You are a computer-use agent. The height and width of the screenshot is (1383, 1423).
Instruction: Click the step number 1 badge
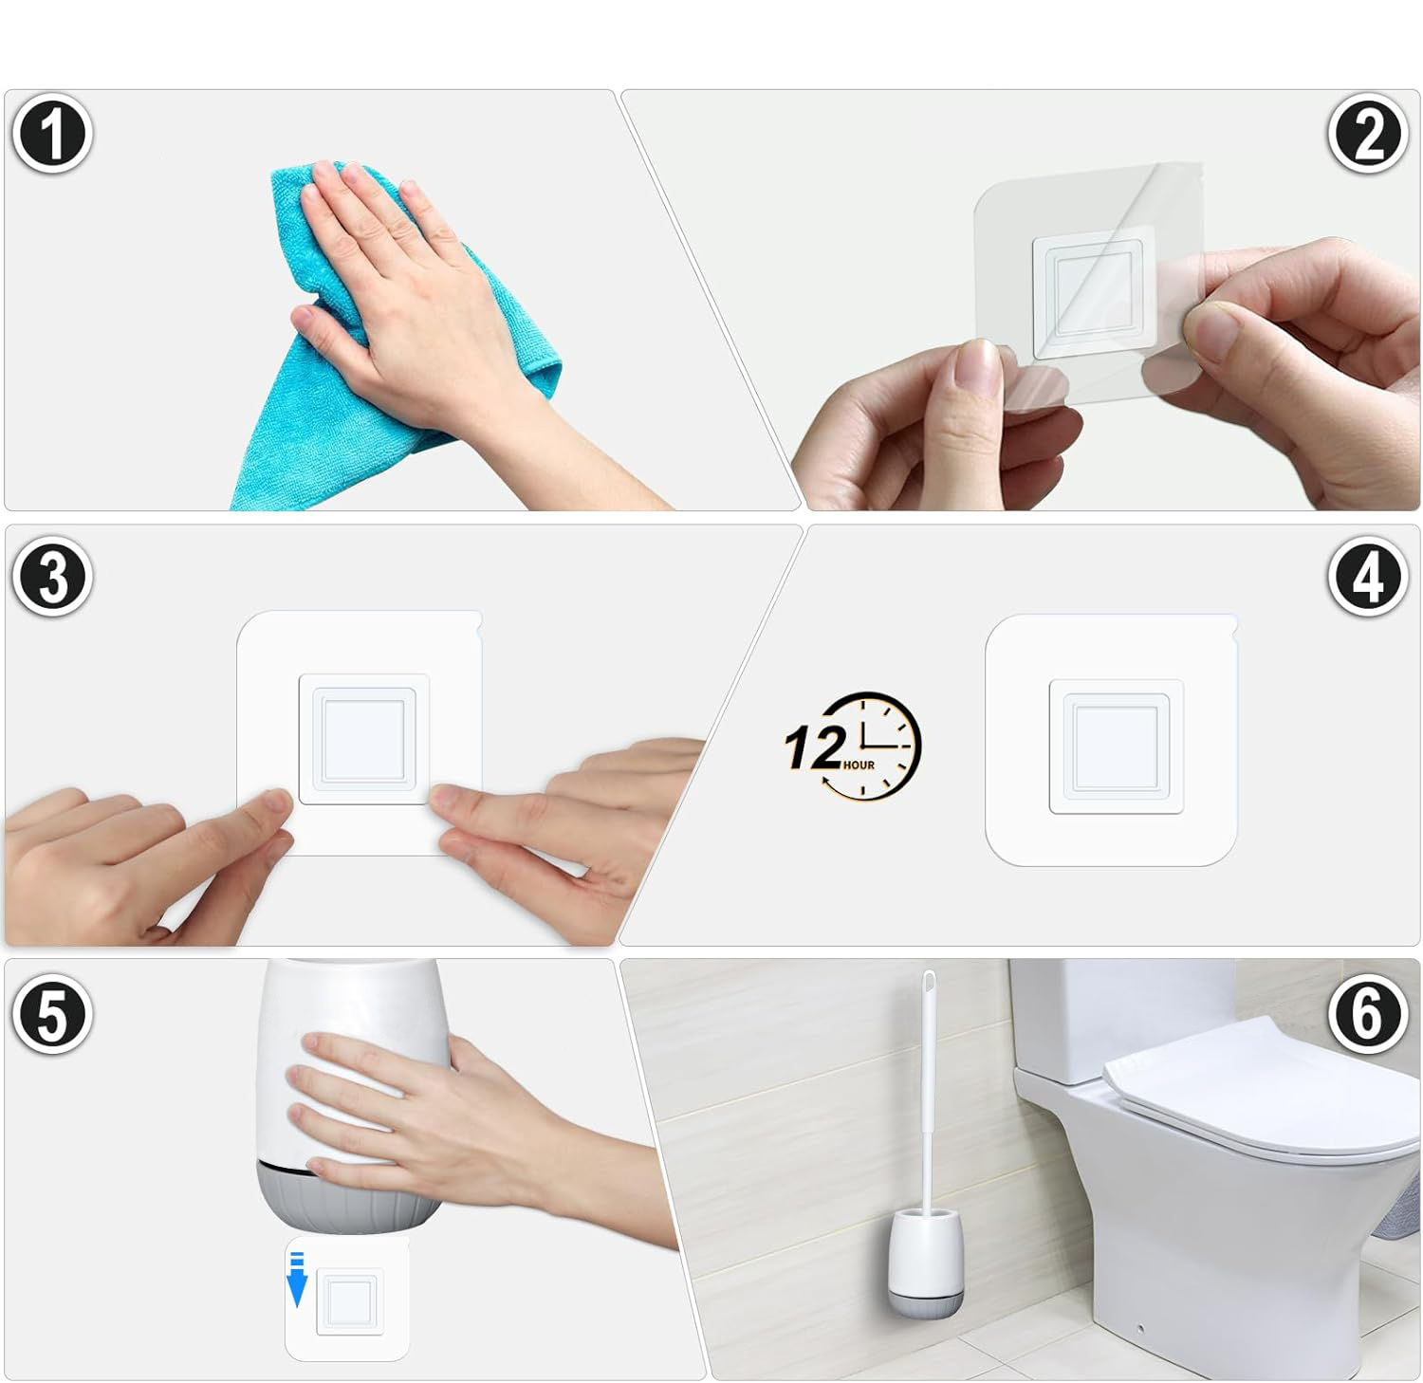(x=52, y=134)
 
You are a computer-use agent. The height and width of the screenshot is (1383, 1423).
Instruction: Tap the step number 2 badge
(x=1367, y=134)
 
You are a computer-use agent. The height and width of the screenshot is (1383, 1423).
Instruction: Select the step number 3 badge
(x=52, y=576)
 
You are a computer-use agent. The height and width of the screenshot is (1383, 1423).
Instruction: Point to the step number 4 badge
(x=1367, y=576)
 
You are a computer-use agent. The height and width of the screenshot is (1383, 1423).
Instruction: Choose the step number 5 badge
(x=52, y=1014)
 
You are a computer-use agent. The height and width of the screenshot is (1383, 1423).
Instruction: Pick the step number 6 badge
(x=1367, y=1014)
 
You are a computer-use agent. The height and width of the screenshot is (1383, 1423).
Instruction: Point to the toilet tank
(x=1119, y=1020)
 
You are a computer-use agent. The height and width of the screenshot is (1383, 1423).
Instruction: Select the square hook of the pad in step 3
(x=363, y=739)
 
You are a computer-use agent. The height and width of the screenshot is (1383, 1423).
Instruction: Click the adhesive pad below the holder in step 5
(x=347, y=1298)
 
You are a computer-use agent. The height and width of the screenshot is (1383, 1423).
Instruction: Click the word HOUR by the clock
(x=858, y=765)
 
